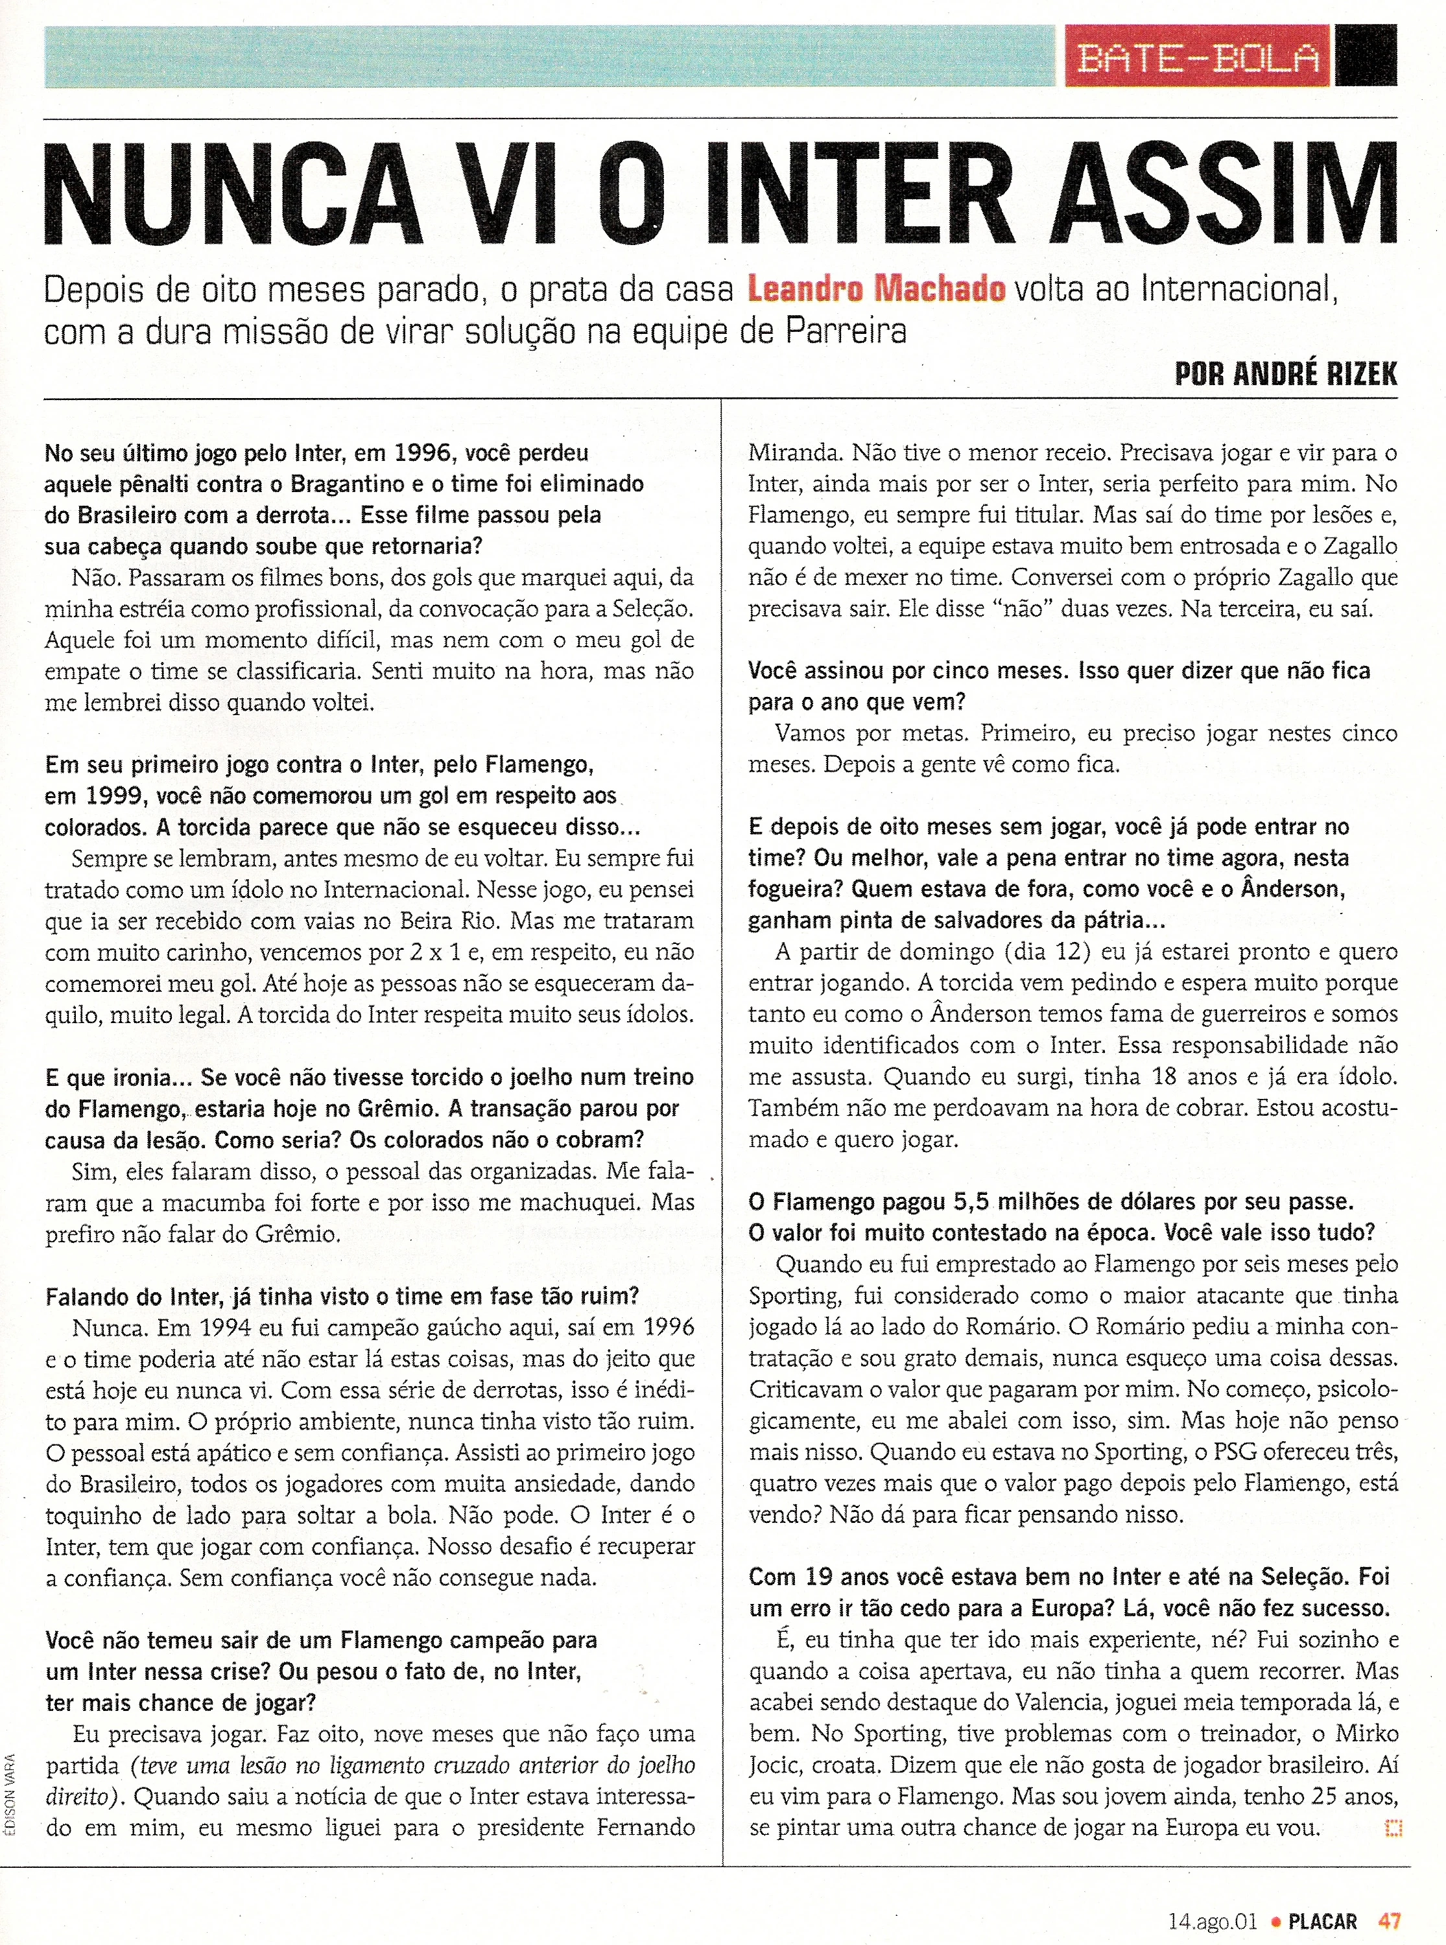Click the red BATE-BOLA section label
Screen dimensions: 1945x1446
click(1196, 57)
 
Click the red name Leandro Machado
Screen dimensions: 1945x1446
click(875, 290)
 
